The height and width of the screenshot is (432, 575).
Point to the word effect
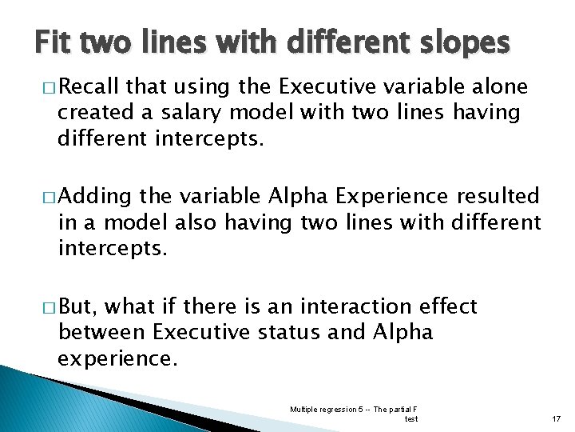448,306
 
